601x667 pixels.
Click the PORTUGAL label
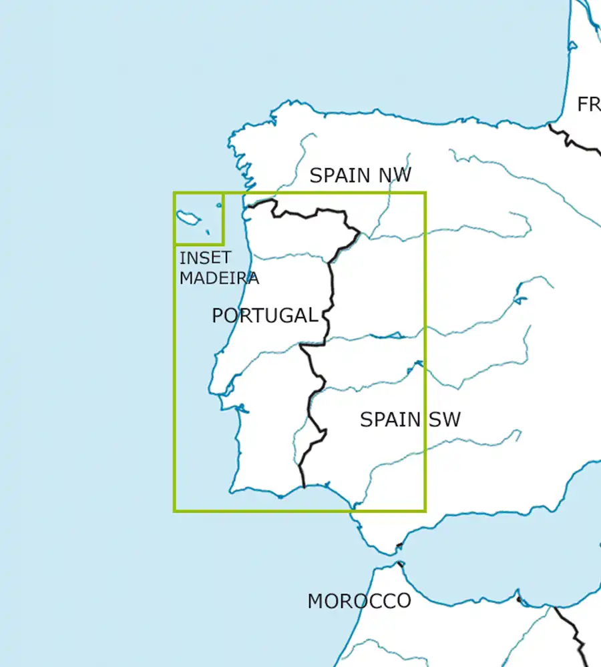[x=264, y=315]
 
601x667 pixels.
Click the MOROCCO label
[x=359, y=601]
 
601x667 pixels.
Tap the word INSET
[x=205, y=257]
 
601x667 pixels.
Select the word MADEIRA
[x=219, y=278]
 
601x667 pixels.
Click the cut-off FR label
[x=588, y=105]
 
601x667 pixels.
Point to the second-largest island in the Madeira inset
[x=219, y=205]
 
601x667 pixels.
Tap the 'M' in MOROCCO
[x=316, y=601]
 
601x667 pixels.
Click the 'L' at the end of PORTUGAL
[x=312, y=315]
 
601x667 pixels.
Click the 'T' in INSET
[x=226, y=257]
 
